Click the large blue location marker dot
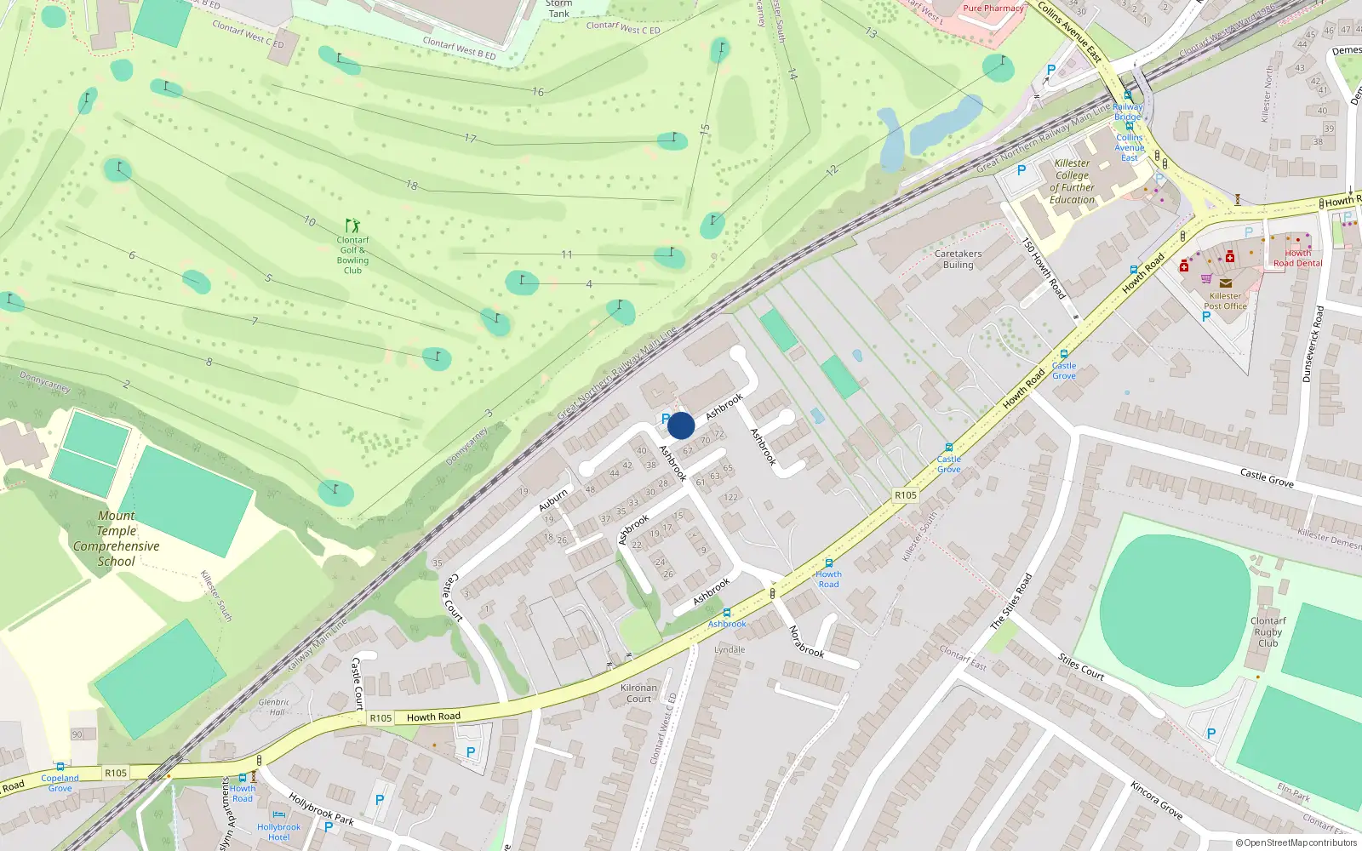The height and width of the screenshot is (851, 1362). point(681,425)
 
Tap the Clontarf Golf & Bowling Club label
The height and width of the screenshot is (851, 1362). point(352,255)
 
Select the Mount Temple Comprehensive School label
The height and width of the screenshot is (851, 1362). point(116,539)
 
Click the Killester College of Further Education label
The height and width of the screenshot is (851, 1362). point(1072,181)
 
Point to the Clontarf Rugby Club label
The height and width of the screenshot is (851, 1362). point(1268,632)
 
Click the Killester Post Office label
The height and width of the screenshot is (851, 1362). point(1225,301)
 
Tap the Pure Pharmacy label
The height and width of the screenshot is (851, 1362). point(993,9)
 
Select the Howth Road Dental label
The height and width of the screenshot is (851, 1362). point(1297,258)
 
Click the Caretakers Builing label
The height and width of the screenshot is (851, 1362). point(958,259)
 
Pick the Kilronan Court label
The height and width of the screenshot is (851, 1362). point(638,694)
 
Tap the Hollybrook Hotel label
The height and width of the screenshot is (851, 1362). point(278,831)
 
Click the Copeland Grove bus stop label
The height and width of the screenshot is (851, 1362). point(60,783)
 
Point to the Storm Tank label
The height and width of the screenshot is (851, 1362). point(558,9)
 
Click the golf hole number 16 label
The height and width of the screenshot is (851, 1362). point(538,92)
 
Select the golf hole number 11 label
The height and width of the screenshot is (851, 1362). point(567,254)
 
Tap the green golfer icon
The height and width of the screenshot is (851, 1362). point(352,226)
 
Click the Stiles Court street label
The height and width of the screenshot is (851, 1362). point(1081,667)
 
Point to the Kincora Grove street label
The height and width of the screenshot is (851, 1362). point(1156,800)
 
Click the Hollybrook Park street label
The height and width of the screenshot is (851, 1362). point(321,809)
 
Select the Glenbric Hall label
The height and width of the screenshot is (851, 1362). point(274,707)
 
